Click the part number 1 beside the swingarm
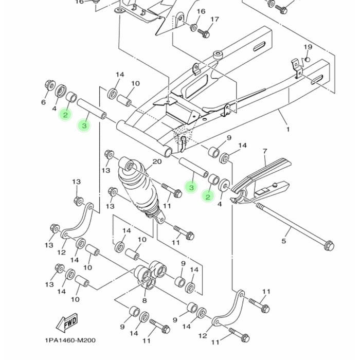(288, 130)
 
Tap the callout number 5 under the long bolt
(284, 241)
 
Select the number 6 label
(43, 102)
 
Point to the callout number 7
(265, 151)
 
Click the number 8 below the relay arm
(145, 300)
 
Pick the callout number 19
(308, 47)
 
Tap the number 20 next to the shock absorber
(157, 161)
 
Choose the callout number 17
(214, 20)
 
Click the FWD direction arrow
(67, 322)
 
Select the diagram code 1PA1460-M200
(70, 340)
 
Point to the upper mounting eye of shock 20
(129, 165)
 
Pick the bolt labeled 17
(204, 33)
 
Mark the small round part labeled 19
(307, 60)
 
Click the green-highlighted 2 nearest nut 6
(65, 115)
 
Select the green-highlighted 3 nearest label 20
(191, 187)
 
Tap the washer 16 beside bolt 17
(193, 27)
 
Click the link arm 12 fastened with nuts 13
(78, 222)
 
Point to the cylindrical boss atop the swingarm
(219, 56)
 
